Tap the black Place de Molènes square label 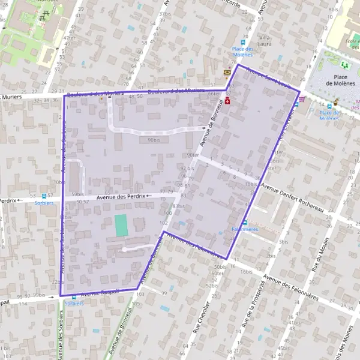pos(341,80)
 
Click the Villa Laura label pos(265,40)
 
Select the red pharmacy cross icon pos(228,100)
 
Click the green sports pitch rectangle pos(122,225)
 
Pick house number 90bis pos(154,140)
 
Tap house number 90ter pos(193,154)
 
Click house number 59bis pos(77,194)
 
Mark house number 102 pos(163,223)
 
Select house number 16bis pos(246,272)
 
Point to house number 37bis pos(164,13)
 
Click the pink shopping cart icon pos(301,100)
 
